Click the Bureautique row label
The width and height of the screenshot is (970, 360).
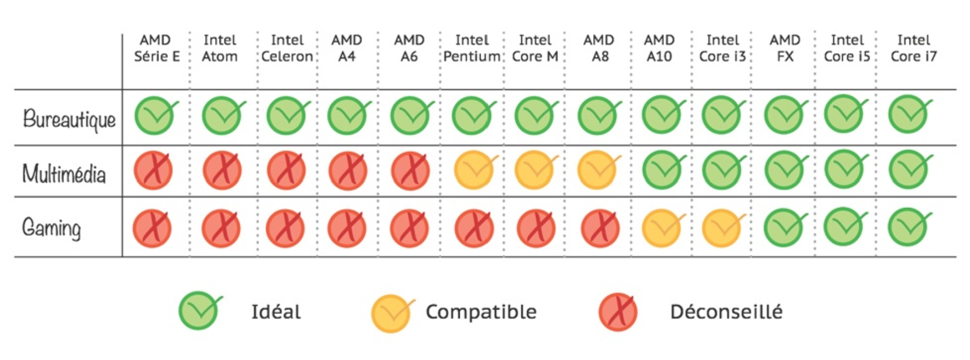[69, 119]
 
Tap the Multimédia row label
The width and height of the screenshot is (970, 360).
[64, 174]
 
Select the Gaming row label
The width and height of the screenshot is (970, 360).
[51, 227]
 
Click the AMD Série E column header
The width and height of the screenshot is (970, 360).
[156, 48]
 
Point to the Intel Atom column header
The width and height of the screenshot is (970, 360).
[219, 48]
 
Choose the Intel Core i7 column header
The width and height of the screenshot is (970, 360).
[913, 48]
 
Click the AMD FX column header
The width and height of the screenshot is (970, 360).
[785, 48]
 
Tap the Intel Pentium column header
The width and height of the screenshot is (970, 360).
[472, 48]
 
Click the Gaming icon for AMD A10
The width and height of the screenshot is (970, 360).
[661, 228]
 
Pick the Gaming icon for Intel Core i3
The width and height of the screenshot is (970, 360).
[722, 228]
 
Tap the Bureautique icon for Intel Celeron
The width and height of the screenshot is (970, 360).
[286, 116]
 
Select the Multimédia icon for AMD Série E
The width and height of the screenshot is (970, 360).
[153, 171]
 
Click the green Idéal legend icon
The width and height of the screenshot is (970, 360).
[199, 311]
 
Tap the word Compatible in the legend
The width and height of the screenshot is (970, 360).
[481, 312]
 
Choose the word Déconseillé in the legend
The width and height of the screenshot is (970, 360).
[726, 312]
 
